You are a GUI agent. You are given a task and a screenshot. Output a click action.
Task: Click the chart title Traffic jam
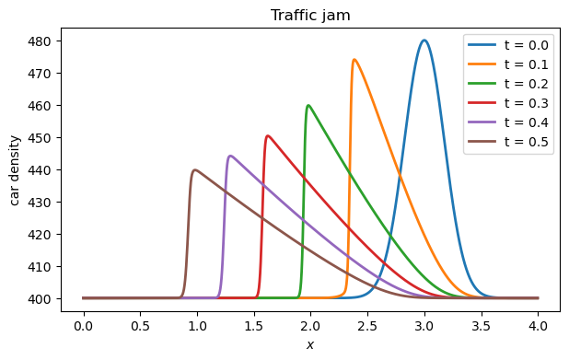(310, 15)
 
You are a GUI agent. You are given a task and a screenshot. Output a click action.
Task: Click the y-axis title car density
(16, 170)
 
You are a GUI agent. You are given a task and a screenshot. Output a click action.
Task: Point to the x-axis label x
(310, 345)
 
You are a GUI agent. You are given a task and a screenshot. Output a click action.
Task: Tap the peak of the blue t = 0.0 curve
(424, 41)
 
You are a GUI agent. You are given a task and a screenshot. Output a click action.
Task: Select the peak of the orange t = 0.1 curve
(354, 60)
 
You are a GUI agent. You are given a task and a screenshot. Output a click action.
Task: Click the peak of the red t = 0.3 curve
(267, 136)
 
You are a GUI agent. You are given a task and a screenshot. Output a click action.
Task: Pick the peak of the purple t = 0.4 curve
(229, 156)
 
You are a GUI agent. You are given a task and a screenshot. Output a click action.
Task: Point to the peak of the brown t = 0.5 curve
(194, 169)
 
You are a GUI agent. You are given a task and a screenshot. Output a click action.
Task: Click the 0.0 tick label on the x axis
(84, 325)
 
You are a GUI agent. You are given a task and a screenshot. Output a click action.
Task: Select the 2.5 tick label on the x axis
(367, 325)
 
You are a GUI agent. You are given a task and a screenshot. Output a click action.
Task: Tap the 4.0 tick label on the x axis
(538, 325)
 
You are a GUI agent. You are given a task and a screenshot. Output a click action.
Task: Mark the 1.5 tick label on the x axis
(254, 325)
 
